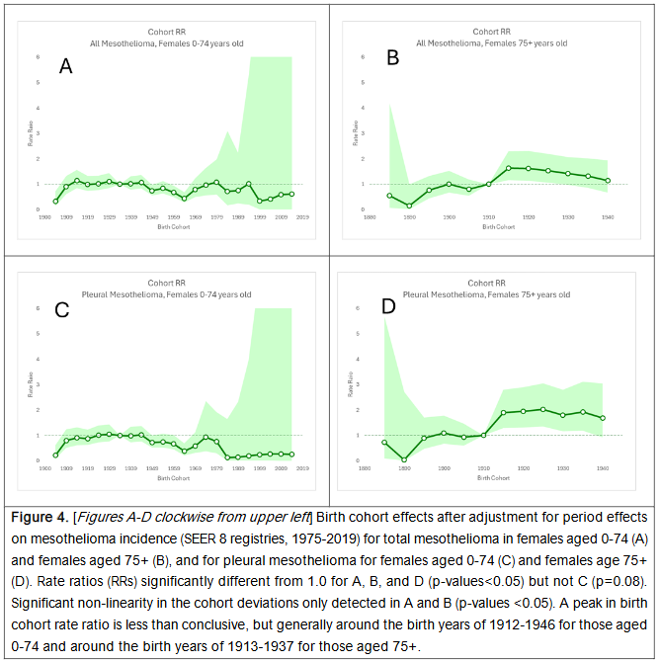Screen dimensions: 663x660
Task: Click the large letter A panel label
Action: pyautogui.click(x=65, y=67)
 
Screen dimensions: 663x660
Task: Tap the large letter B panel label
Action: pyautogui.click(x=392, y=58)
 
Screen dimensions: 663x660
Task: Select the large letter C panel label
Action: pyautogui.click(x=61, y=310)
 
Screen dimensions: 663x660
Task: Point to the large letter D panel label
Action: pyautogui.click(x=388, y=306)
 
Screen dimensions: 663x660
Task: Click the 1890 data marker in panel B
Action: pyautogui.click(x=409, y=206)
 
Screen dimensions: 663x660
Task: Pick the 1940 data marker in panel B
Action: pyautogui.click(x=608, y=181)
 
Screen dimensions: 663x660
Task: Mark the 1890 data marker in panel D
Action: pyautogui.click(x=404, y=459)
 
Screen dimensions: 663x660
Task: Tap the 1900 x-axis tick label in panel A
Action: pyautogui.click(x=45, y=216)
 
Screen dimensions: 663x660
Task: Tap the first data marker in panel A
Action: pyautogui.click(x=55, y=202)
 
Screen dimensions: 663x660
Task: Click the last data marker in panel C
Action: pyautogui.click(x=292, y=455)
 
